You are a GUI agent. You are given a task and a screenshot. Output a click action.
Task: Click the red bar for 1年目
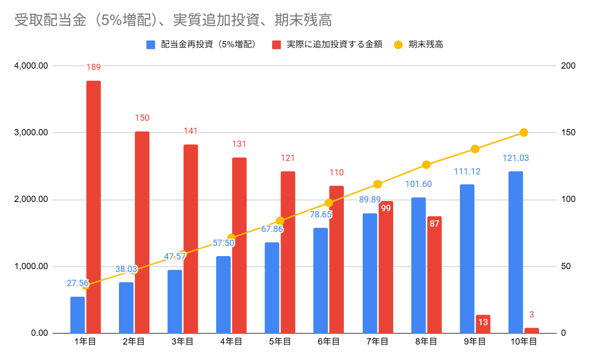pos(94,207)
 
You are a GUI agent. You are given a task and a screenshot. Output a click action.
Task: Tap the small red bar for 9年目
pos(483,324)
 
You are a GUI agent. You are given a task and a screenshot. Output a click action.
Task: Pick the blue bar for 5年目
pos(272,288)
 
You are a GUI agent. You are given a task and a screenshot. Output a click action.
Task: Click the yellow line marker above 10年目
pos(523,132)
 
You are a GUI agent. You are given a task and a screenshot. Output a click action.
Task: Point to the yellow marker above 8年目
pos(426,165)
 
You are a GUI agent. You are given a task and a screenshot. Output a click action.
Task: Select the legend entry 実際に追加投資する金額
pos(328,45)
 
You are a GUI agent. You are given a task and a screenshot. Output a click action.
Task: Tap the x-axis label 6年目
pos(329,342)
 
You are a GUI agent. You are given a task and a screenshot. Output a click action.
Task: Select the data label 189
pos(94,67)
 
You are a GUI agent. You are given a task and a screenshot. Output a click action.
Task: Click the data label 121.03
pos(516,158)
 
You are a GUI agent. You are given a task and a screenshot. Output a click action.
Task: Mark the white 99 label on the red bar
pos(385,208)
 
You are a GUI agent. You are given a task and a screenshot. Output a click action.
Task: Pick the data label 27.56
pos(77,283)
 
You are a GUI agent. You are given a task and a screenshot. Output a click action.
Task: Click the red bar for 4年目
pos(239,245)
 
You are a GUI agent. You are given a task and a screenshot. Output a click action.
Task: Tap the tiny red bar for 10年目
pos(531,331)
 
